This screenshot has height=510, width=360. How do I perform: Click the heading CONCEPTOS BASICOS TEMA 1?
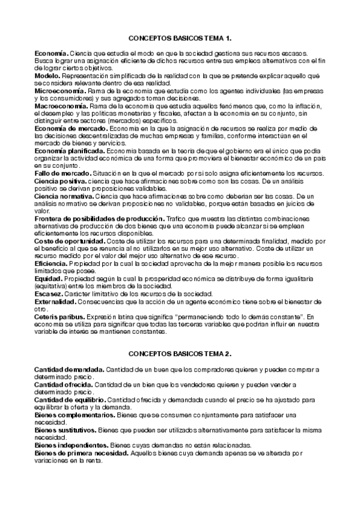180,38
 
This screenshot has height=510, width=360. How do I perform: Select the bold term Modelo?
47,76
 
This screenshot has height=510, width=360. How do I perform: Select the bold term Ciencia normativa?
64,196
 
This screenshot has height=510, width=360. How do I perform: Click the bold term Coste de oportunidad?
70,241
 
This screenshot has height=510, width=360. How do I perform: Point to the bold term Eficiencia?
52,263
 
